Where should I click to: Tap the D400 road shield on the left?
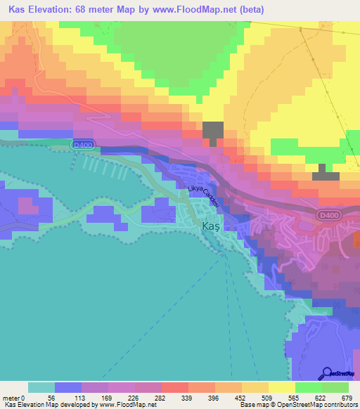[80, 144]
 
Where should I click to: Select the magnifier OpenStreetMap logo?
[329, 374]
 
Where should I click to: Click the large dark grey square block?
[213, 131]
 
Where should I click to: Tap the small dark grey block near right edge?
[323, 173]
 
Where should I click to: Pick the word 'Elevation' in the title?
[59, 9]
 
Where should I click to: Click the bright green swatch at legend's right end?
[335, 387]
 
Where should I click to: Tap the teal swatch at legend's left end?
[41, 387]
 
